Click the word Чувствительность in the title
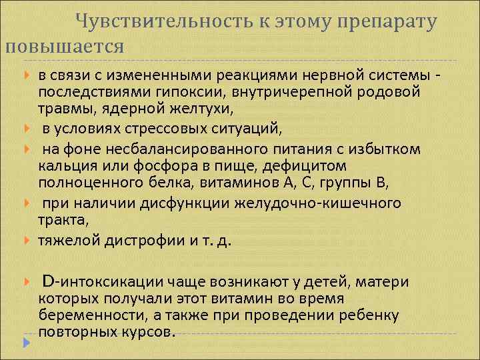[x=159, y=21]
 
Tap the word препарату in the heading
[x=387, y=21]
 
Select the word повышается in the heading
[x=64, y=47]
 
